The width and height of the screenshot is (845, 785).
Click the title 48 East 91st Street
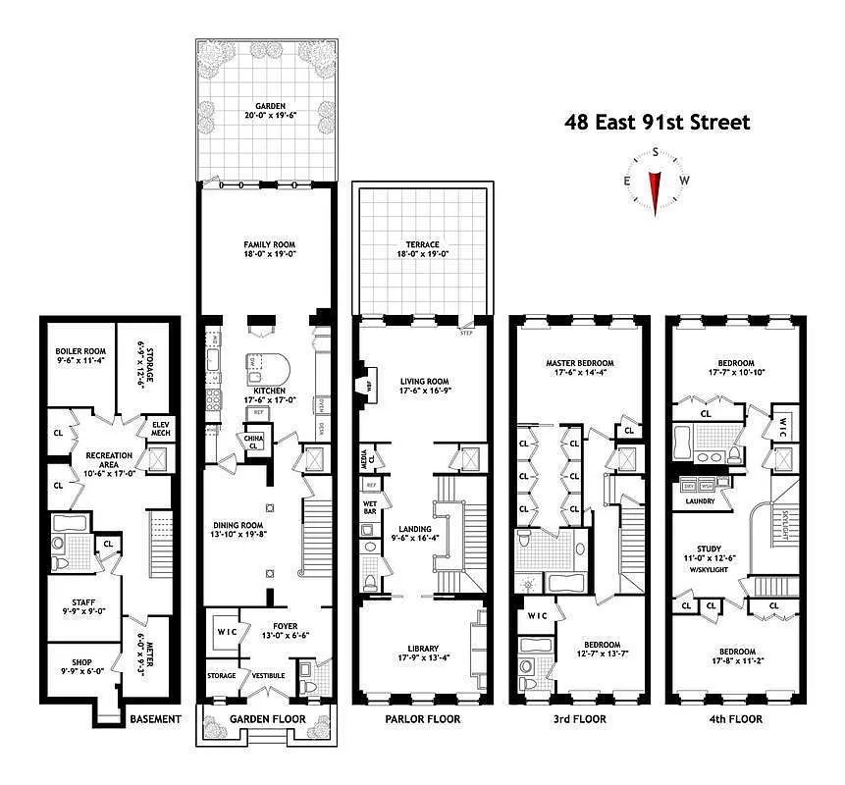[x=657, y=123]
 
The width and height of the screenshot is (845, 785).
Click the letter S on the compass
[x=655, y=154]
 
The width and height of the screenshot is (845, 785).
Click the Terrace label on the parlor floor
[x=423, y=244]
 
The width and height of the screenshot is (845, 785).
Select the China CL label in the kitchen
[x=253, y=441]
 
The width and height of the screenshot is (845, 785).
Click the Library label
[x=423, y=648]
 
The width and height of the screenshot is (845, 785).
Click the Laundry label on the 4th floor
[x=693, y=501]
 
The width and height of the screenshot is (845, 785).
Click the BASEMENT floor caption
[x=155, y=719]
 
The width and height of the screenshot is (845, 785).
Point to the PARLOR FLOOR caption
[x=423, y=719]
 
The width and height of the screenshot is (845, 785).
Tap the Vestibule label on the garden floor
[x=268, y=675]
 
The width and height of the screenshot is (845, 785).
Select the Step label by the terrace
[x=467, y=334]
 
